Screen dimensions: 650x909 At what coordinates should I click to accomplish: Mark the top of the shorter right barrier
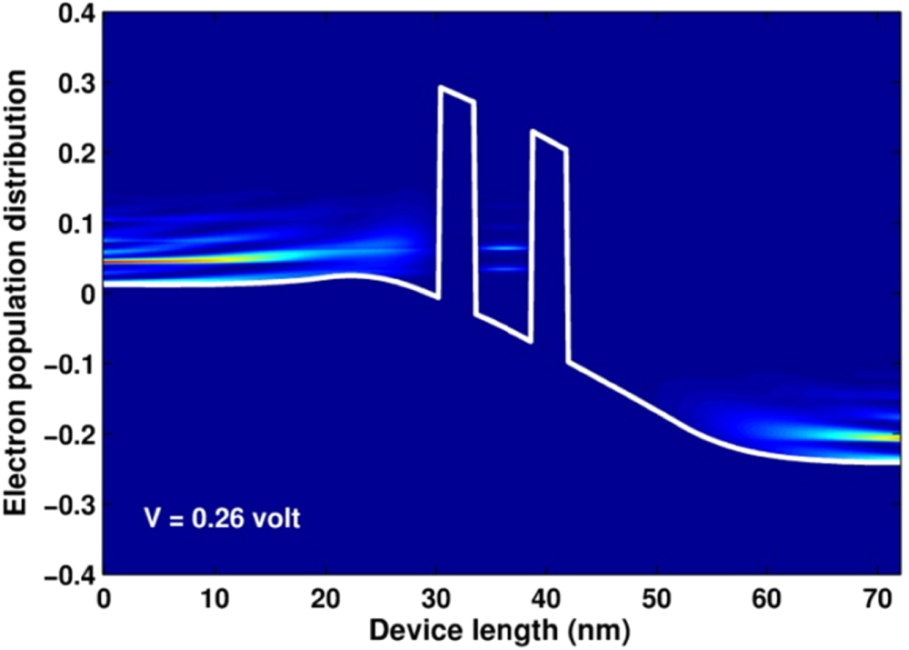click(549, 139)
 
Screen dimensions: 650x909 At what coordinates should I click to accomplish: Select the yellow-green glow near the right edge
click(873, 436)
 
